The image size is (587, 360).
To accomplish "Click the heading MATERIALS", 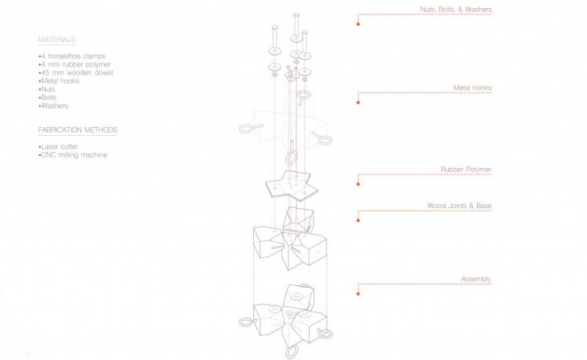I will (x=56, y=39).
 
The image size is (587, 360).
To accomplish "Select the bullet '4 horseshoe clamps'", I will (x=71, y=55).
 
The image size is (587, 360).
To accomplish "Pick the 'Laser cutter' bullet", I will (x=60, y=147).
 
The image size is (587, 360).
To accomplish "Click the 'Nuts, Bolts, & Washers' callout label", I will (x=455, y=10).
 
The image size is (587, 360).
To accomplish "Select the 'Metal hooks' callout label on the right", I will (x=472, y=88).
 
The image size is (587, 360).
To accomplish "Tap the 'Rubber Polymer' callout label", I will (x=466, y=170).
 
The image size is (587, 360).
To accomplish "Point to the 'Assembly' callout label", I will (x=476, y=279).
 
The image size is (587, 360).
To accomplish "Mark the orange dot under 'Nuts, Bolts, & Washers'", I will (x=359, y=24).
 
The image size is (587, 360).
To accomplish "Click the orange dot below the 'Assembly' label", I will (x=359, y=293).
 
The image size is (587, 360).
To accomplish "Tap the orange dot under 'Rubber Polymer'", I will (x=359, y=184).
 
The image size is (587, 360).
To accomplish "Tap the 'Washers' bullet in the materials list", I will (x=57, y=105).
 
